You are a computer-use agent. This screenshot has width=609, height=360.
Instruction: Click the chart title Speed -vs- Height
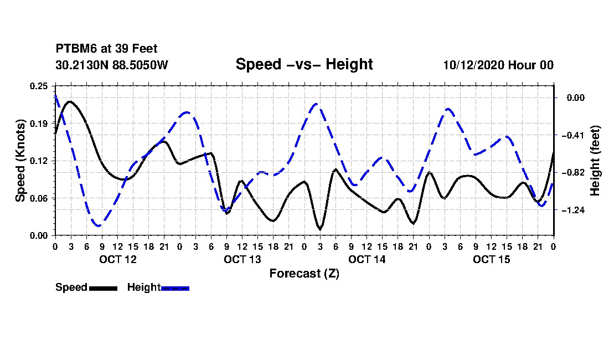[304, 64]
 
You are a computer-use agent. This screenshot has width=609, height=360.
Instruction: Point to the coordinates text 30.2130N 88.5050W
[112, 65]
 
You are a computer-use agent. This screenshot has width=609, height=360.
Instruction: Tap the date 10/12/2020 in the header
[474, 65]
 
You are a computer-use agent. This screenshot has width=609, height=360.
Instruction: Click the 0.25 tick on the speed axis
[39, 86]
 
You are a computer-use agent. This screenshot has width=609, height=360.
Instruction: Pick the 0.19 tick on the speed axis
[39, 124]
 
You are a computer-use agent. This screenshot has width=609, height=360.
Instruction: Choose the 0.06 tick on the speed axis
[39, 198]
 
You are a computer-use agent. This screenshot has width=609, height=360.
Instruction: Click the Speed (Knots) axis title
[20, 161]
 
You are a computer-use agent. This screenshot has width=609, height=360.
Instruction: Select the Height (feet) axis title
[595, 161]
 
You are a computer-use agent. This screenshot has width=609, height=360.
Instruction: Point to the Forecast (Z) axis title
[304, 274]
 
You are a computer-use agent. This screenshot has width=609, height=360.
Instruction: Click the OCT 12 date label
[118, 259]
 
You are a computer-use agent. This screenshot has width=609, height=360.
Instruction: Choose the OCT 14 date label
[367, 259]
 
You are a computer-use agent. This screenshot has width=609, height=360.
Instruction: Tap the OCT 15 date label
[491, 259]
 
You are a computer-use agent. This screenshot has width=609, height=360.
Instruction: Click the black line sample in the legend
[104, 288]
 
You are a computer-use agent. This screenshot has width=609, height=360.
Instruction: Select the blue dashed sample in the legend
[175, 288]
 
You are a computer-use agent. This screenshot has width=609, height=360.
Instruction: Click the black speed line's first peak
[70, 102]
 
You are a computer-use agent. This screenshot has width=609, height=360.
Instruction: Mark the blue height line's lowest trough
[99, 225]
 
